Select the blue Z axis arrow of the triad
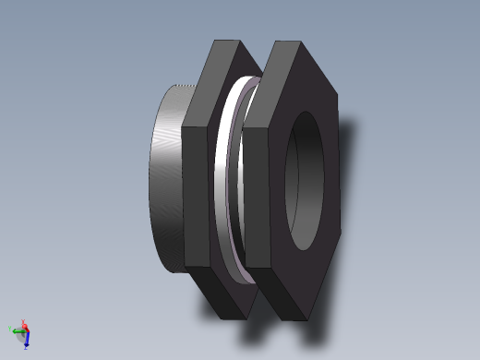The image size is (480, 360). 28,342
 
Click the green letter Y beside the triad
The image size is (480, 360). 10,328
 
